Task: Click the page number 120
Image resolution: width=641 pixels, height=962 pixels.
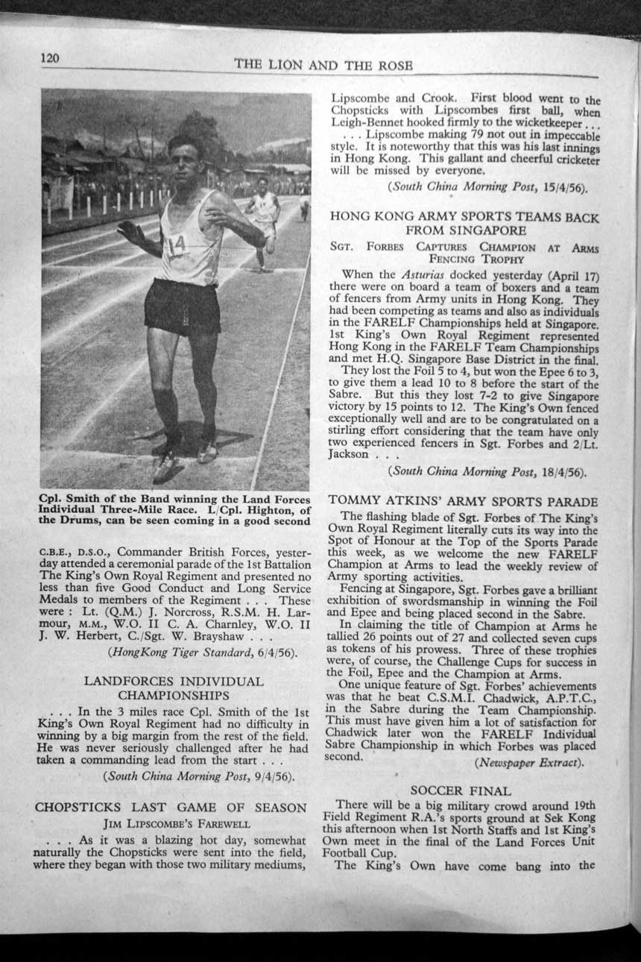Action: point(50,59)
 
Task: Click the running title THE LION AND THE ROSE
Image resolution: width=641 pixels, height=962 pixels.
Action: point(323,65)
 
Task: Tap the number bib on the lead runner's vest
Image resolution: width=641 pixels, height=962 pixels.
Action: point(177,245)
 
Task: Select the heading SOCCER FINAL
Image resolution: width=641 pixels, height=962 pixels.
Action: point(461,790)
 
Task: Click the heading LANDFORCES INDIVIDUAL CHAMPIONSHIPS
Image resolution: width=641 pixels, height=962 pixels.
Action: point(173,688)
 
